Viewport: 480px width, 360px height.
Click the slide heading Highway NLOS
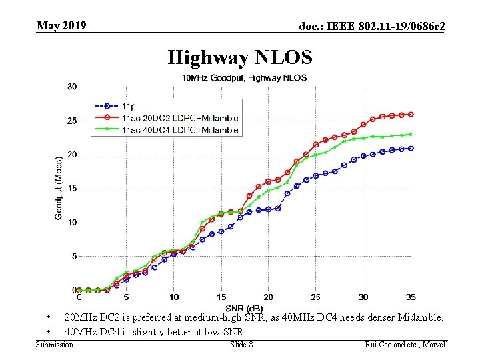click(239, 57)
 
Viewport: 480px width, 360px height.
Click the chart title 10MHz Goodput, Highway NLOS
click(245, 78)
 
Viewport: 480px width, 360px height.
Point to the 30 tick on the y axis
click(71, 87)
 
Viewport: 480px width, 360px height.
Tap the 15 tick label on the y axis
click(71, 189)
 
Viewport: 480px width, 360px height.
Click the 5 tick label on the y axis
click(73, 256)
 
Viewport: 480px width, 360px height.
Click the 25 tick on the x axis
click(316, 297)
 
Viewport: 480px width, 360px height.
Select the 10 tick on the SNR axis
click(173, 297)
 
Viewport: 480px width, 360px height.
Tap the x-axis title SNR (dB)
click(244, 307)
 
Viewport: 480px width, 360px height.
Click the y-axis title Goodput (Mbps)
click(59, 188)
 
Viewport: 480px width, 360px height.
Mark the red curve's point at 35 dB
click(411, 114)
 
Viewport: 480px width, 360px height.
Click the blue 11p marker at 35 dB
click(411, 149)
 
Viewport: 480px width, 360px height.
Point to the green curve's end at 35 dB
click(411, 134)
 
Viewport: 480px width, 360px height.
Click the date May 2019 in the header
click(61, 26)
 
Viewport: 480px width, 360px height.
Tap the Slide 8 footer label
click(241, 345)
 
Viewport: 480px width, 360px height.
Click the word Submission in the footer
click(54, 345)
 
